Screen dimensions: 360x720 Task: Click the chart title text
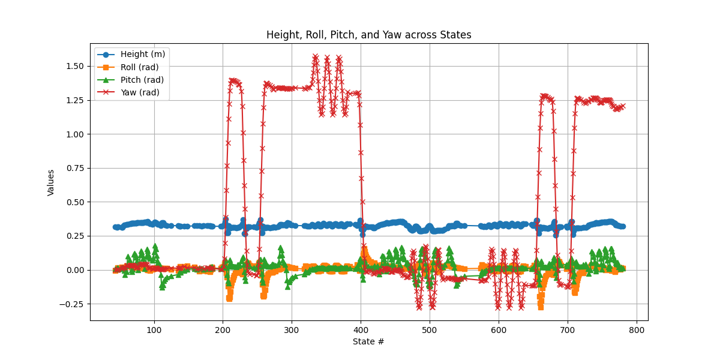pos(368,35)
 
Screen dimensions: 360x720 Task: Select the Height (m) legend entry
pos(143,54)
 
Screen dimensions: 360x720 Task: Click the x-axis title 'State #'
pos(368,342)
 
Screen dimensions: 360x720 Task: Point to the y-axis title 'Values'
pos(51,182)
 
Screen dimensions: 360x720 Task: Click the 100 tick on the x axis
pos(154,330)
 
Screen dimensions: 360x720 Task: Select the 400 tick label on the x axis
pos(361,330)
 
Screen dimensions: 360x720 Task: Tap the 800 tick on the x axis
pos(637,330)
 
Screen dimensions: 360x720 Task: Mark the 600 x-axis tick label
pos(499,330)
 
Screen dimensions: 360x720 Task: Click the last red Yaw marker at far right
pos(623,106)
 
